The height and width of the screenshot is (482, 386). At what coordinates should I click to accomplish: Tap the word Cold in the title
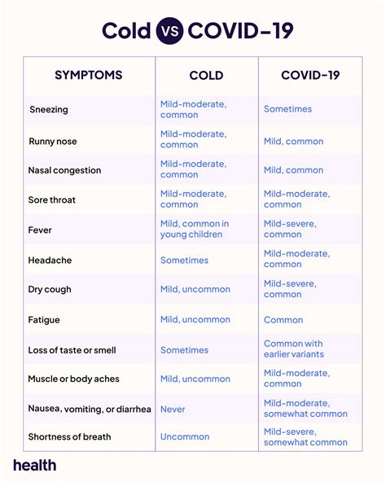click(x=127, y=31)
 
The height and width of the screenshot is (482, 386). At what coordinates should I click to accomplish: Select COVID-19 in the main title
click(x=239, y=31)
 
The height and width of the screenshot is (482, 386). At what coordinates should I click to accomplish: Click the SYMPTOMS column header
click(x=88, y=75)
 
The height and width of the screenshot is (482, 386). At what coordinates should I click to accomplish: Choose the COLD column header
click(x=206, y=75)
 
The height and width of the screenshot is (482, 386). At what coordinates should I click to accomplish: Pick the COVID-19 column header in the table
click(x=310, y=75)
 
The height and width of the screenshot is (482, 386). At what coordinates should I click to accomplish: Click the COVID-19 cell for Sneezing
click(x=287, y=109)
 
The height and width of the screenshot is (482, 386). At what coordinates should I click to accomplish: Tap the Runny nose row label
click(x=53, y=141)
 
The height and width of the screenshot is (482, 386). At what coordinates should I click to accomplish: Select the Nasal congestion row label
click(x=65, y=170)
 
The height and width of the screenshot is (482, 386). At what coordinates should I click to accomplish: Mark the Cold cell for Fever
click(x=195, y=230)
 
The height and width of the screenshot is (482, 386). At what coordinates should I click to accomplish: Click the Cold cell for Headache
click(x=184, y=261)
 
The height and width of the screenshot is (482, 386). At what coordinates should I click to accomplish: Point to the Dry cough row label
click(x=50, y=289)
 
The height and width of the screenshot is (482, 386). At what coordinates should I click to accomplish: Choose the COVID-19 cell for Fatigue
click(x=283, y=320)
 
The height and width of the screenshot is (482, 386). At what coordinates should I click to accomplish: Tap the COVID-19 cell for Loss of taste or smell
click(x=294, y=349)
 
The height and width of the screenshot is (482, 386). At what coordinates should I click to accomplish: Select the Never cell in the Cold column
click(x=173, y=409)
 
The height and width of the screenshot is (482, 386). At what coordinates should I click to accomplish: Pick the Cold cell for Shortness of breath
click(x=185, y=437)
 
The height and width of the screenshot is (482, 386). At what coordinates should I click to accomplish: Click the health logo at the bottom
click(x=35, y=465)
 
